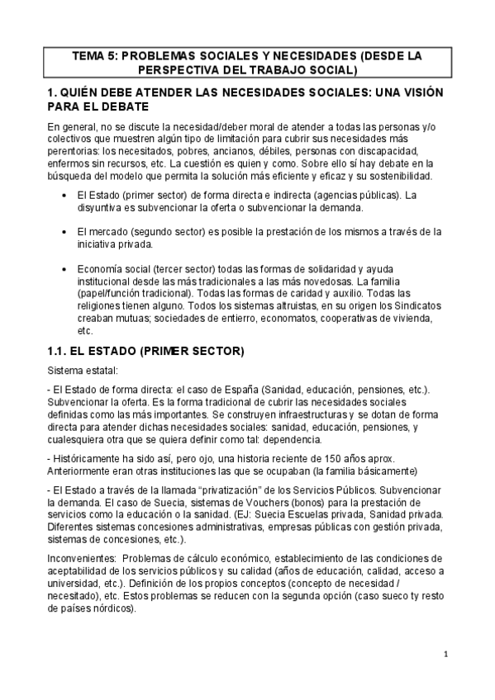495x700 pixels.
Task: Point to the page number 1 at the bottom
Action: [445, 655]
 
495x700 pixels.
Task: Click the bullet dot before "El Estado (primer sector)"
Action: [65, 195]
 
